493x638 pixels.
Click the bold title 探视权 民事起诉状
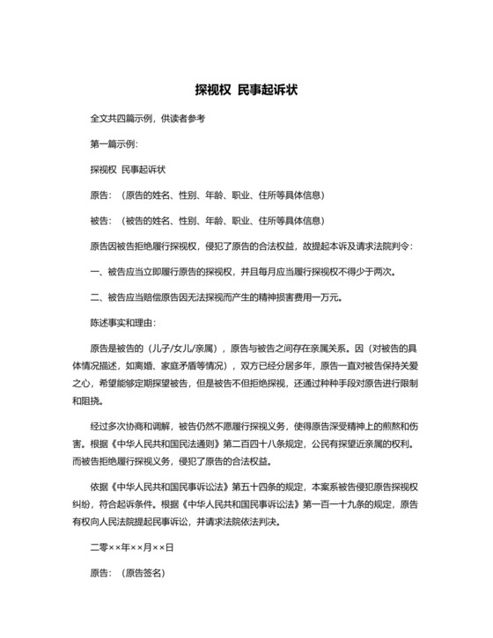click(246, 90)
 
